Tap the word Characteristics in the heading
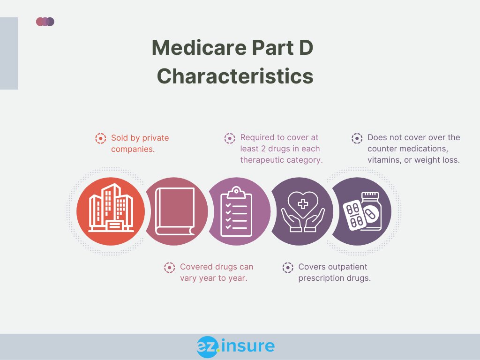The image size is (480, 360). pyautogui.click(x=235, y=76)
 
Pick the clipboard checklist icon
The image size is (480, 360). pyautogui.click(x=236, y=211)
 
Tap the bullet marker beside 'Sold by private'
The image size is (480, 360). pyautogui.click(x=100, y=138)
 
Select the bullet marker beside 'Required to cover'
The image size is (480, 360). pyautogui.click(x=230, y=138)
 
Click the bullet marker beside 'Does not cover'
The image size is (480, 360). pyautogui.click(x=357, y=138)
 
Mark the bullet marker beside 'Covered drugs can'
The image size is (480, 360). pyautogui.click(x=169, y=267)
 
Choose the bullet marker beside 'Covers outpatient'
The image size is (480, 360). pyautogui.click(x=287, y=267)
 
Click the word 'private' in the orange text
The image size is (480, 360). pyautogui.click(x=155, y=138)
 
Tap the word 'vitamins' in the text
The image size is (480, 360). pyautogui.click(x=382, y=159)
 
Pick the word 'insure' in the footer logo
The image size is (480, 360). pyautogui.click(x=247, y=346)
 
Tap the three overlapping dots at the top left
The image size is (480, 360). pyautogui.click(x=45, y=22)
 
